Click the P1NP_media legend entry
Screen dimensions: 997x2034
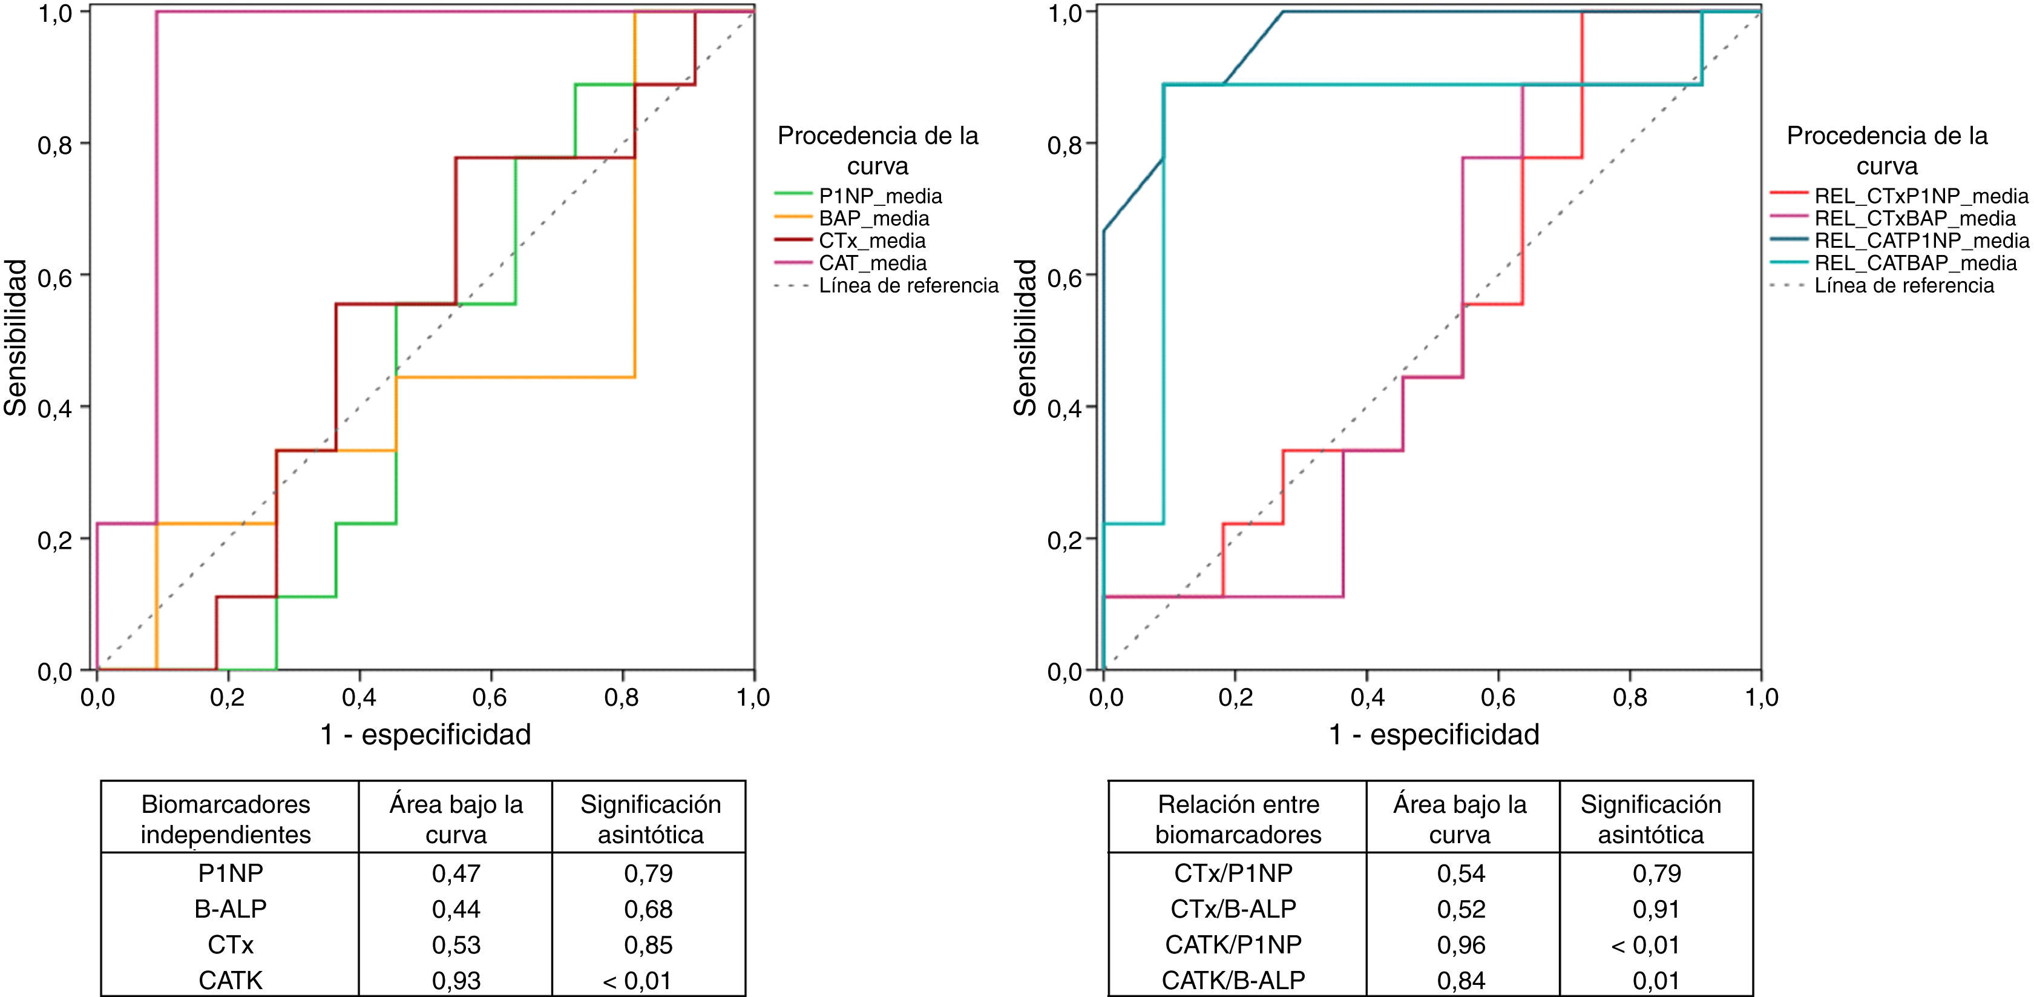click(x=879, y=196)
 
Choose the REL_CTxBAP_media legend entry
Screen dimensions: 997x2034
click(x=1915, y=219)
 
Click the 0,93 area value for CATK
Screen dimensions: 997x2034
click(x=456, y=981)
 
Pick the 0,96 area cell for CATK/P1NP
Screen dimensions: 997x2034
click(x=1461, y=945)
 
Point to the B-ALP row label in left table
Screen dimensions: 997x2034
click(x=230, y=909)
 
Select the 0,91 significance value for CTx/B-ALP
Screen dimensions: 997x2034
click(x=1656, y=909)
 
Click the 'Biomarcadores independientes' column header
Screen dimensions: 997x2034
click(x=226, y=820)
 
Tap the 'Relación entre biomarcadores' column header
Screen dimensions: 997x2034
click(x=1238, y=820)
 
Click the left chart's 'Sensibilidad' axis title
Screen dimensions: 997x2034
click(x=16, y=337)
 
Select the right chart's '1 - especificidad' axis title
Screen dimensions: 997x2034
click(x=1434, y=735)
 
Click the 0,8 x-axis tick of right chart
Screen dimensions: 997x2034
click(x=1630, y=698)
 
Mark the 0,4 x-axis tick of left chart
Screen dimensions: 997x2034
click(x=359, y=698)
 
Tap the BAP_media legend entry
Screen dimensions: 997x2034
click(x=873, y=219)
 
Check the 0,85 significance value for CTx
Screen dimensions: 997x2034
click(x=648, y=945)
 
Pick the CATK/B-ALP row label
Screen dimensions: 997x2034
click(x=1233, y=981)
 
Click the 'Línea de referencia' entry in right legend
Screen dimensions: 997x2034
click(x=1904, y=285)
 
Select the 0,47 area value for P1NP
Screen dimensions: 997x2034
click(x=456, y=874)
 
